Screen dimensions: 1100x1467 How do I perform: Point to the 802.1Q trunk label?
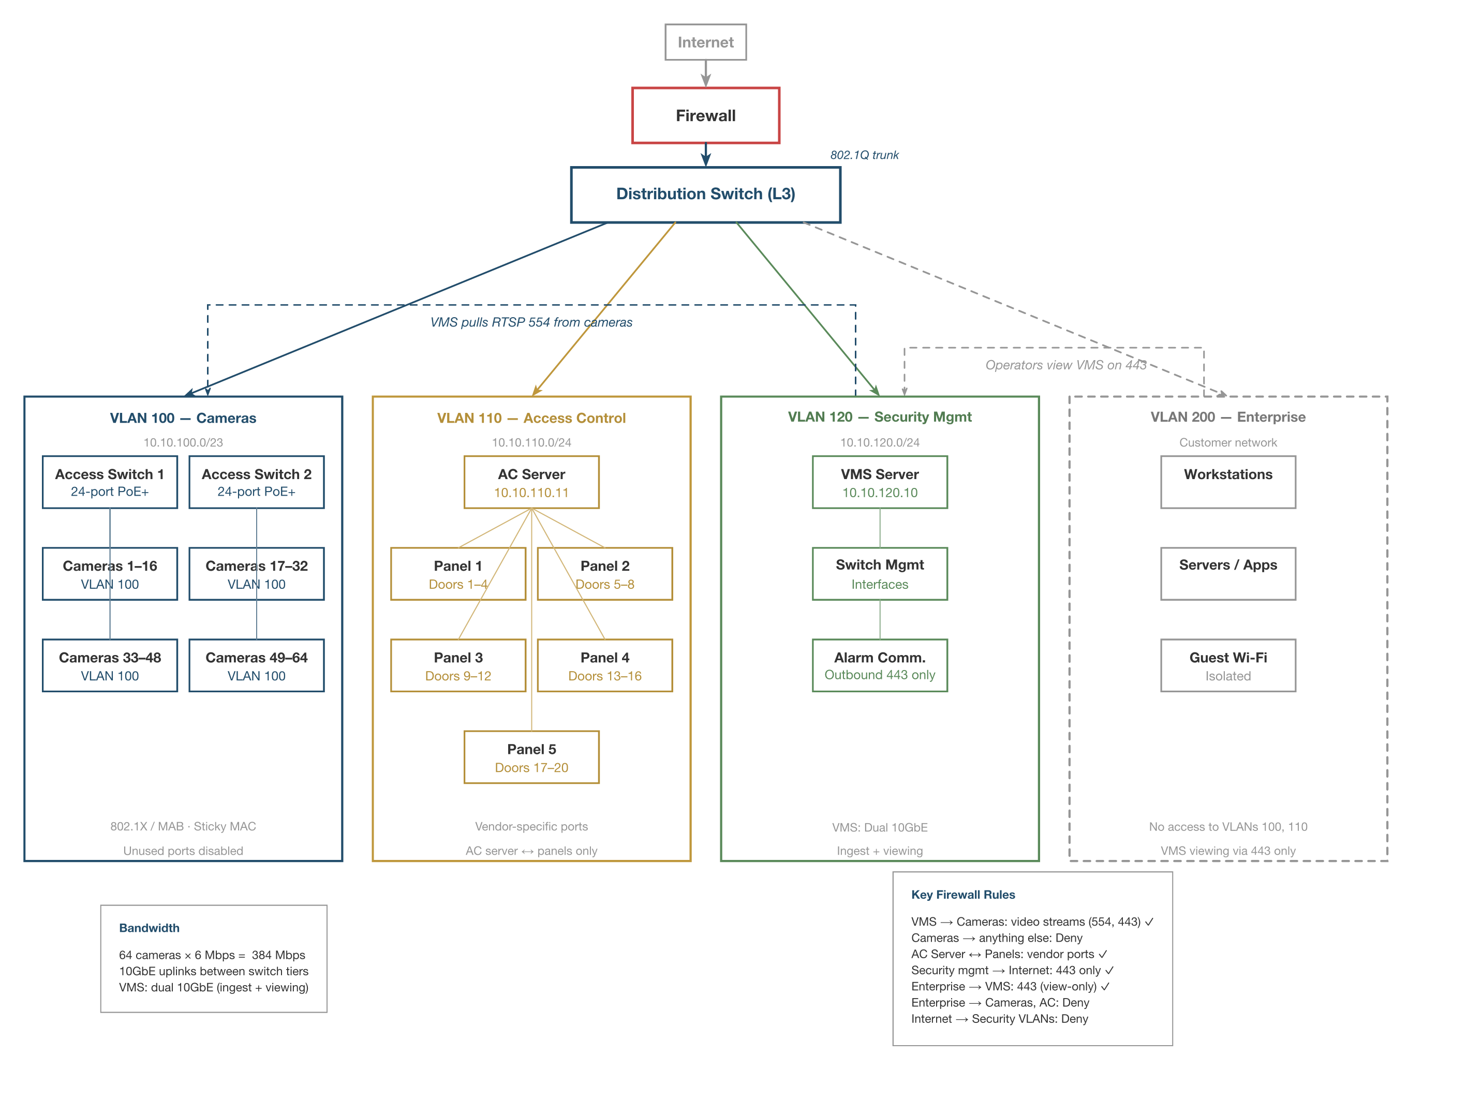pos(864,155)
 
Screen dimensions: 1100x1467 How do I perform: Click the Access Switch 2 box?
pos(256,482)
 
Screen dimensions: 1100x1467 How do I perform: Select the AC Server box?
pos(531,482)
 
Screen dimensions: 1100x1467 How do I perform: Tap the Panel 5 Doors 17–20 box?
pos(531,757)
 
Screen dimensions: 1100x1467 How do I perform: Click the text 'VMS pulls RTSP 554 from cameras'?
pos(531,322)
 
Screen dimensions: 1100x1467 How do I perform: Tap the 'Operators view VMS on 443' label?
pos(1065,365)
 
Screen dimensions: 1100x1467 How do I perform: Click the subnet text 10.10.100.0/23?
pos(183,442)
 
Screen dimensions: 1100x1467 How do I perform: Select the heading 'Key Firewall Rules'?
pos(962,895)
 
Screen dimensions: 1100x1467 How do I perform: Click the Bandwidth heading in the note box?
pos(149,928)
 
